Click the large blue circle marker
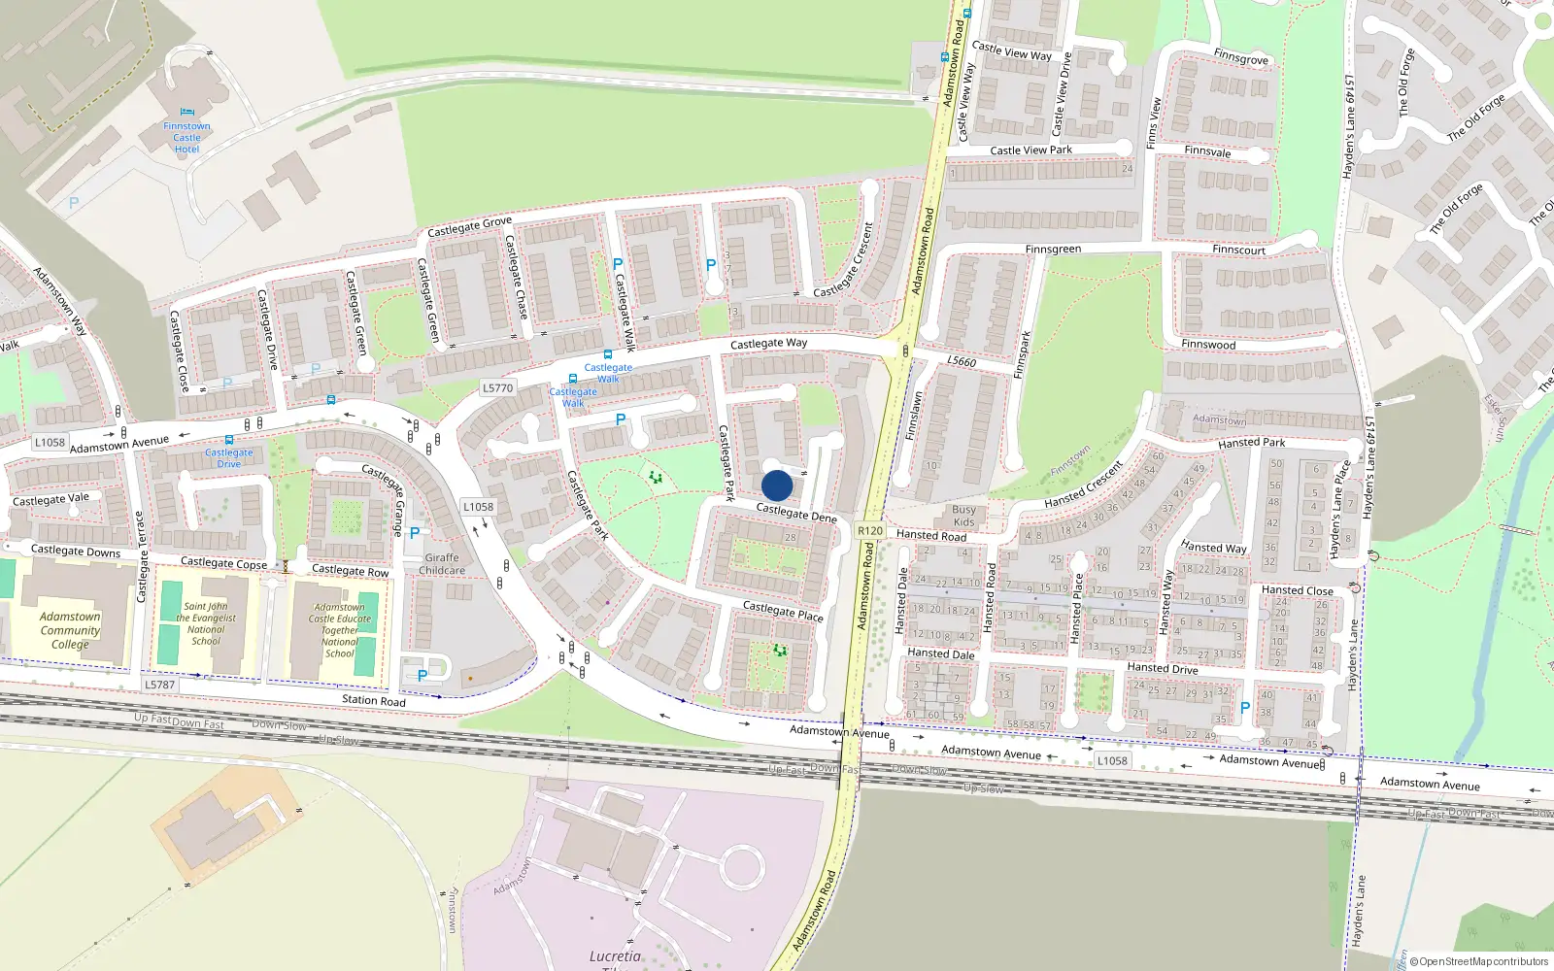pyautogui.click(x=777, y=485)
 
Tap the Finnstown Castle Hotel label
pyautogui.click(x=186, y=138)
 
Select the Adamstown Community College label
pyautogui.click(x=70, y=630)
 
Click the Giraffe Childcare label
pyautogui.click(x=442, y=564)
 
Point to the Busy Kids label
pyautogui.click(x=963, y=516)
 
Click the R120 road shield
pyautogui.click(x=870, y=531)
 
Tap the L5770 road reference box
pyautogui.click(x=497, y=388)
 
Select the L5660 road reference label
pyautogui.click(x=962, y=361)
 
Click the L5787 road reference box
pyautogui.click(x=160, y=685)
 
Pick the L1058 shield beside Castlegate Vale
pyautogui.click(x=51, y=443)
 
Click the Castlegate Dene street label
pyautogui.click(x=796, y=513)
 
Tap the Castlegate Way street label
pyautogui.click(x=768, y=344)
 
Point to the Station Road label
pyautogui.click(x=374, y=700)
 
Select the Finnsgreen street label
pyautogui.click(x=1053, y=250)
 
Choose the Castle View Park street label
pyautogui.click(x=1030, y=151)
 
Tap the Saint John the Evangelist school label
pyautogui.click(x=206, y=623)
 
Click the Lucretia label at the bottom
pyautogui.click(x=615, y=956)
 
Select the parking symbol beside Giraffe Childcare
pyautogui.click(x=415, y=533)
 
